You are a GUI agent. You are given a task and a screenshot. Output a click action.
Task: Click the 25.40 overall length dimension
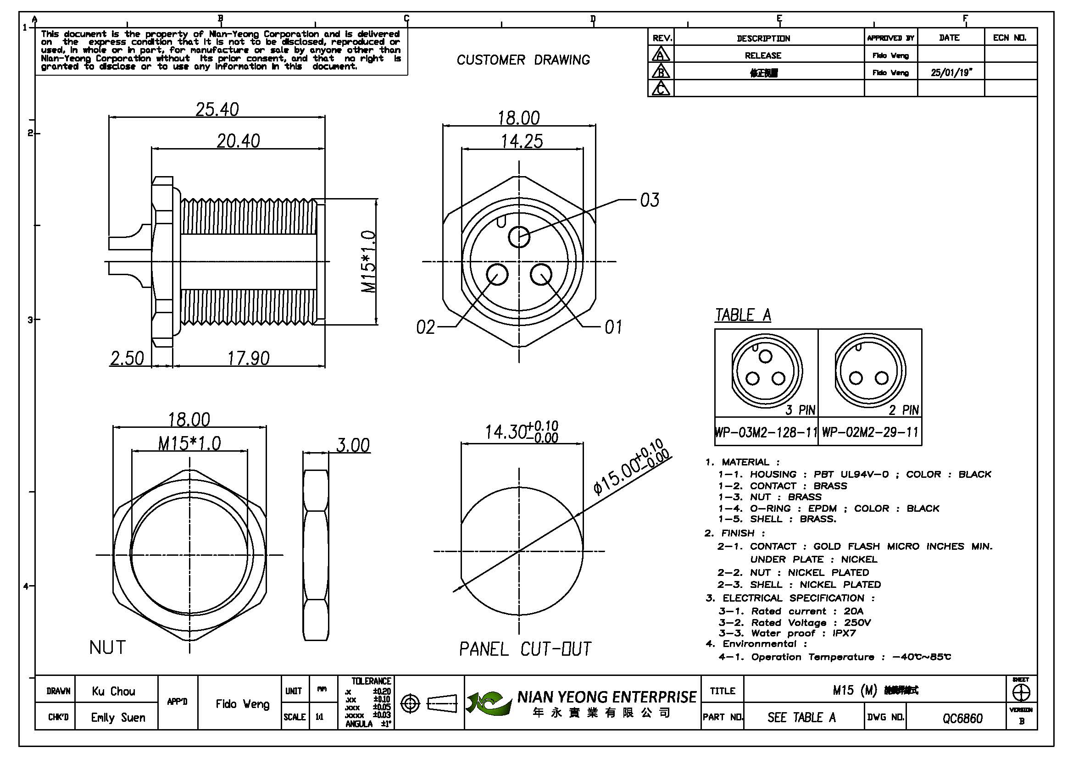217,110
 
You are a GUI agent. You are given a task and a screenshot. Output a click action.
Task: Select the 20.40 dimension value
238,141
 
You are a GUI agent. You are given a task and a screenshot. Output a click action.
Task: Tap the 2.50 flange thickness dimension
127,359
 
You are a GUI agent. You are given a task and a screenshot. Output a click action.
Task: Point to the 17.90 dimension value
248,359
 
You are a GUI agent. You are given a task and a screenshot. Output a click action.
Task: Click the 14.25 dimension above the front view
522,142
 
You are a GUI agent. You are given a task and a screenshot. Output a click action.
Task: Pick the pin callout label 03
650,200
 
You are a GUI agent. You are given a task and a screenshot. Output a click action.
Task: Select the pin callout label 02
425,327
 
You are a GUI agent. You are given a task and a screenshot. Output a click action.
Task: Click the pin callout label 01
613,327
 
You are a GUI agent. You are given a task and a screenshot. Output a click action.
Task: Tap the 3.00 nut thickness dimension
353,446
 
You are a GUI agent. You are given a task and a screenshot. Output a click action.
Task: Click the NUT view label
107,648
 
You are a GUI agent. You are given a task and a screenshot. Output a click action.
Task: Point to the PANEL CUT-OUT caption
525,649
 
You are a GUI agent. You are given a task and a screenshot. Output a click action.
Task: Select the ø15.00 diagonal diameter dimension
631,467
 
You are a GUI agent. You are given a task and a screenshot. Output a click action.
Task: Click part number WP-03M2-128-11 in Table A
766,432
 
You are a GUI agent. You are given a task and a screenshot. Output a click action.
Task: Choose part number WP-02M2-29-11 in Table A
870,432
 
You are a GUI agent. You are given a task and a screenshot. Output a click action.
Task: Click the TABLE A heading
743,315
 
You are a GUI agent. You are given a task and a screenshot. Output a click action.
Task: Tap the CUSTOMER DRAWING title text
523,60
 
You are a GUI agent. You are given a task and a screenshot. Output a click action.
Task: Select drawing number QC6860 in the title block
962,718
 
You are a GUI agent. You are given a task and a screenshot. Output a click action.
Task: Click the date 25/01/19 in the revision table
951,73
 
